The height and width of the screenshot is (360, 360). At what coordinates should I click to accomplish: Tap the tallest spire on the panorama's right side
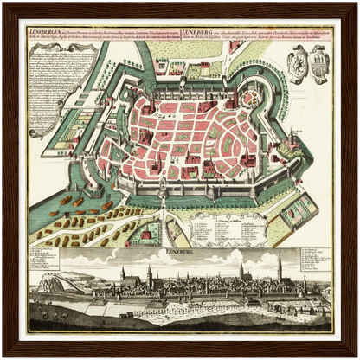click(x=280, y=268)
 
